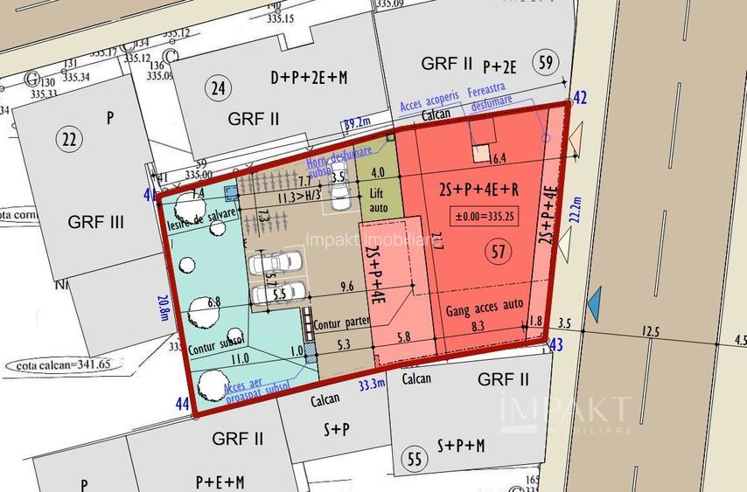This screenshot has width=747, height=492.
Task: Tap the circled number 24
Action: [x=218, y=87]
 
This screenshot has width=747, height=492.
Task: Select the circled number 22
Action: [x=66, y=138]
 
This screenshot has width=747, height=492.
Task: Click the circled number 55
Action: [x=413, y=458]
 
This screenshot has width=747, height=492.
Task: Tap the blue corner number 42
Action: [x=579, y=97]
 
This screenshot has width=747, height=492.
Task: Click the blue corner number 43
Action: [x=555, y=346]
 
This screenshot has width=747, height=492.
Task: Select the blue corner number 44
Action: [x=182, y=404]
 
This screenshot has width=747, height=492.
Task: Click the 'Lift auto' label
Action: [x=377, y=199]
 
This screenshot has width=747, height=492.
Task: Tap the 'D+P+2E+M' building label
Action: [x=309, y=78]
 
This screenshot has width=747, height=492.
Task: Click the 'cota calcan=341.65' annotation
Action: [x=58, y=364]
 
